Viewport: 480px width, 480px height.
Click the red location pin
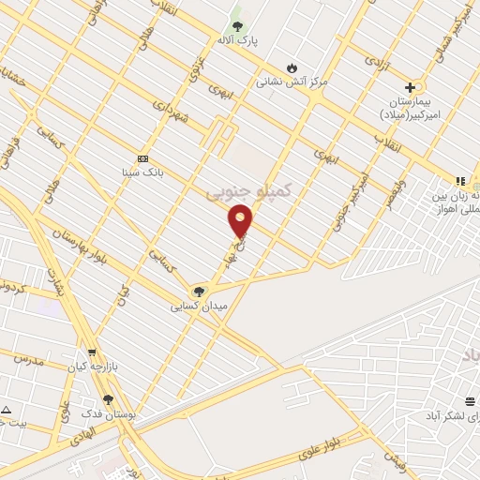241,221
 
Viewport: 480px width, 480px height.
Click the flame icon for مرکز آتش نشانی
292,67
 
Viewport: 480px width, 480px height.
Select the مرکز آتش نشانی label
292,82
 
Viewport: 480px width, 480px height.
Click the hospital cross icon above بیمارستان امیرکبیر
410,87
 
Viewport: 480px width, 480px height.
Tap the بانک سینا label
143,172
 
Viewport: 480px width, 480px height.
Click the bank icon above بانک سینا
142,158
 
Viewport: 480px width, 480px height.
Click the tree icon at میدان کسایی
197,292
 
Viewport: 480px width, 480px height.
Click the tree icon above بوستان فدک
108,399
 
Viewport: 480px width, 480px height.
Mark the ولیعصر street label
394,186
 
